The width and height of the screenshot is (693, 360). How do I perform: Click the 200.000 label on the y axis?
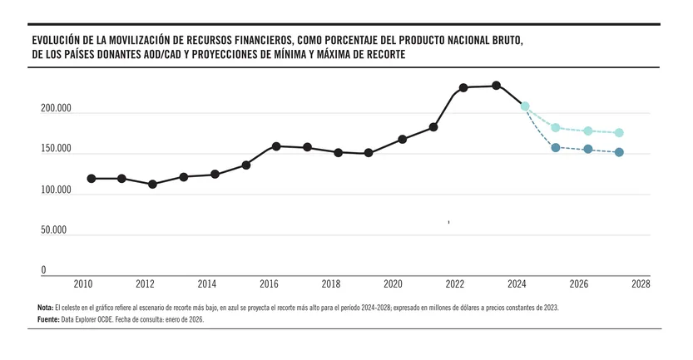coord(56,109)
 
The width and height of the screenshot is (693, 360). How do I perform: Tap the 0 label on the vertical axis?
coord(44,270)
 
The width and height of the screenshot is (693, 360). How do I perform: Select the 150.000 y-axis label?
coord(56,149)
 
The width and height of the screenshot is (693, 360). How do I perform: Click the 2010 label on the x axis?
coord(82,284)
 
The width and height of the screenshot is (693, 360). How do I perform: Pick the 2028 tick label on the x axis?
coord(641,284)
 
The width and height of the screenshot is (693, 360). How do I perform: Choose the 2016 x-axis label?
coord(269,284)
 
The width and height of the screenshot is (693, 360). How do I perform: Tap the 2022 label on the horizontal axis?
coord(455,284)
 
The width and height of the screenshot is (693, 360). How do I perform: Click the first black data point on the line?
coord(91,179)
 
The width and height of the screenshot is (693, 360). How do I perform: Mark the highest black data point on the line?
coord(496,86)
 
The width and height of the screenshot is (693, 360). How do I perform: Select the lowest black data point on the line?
coord(152,184)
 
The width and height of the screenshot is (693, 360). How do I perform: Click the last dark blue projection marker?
coord(619,152)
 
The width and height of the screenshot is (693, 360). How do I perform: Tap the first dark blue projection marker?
coord(556,147)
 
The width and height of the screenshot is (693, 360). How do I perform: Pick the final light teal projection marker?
coord(619,133)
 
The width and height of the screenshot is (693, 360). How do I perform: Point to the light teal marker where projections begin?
coord(525,106)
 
